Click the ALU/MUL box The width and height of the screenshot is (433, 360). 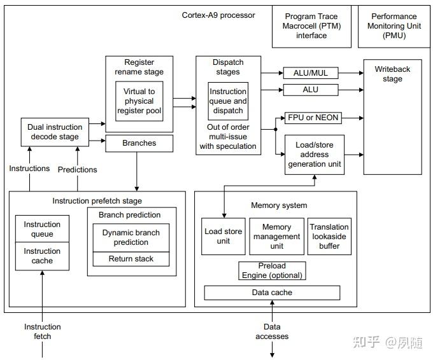311,73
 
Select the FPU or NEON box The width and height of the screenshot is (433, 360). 313,118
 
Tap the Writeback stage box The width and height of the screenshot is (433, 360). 392,116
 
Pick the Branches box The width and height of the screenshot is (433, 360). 139,143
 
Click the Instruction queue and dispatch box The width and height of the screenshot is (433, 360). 228,101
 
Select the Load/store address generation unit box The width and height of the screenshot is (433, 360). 314,155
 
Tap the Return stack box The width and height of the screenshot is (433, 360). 131,259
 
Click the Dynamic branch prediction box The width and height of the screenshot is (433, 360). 131,237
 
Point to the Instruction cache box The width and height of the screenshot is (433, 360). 42,256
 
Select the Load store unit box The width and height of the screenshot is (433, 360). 223,237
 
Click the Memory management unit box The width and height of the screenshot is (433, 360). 276,237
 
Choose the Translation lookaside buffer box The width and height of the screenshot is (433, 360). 329,237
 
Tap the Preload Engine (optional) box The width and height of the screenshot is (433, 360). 272,271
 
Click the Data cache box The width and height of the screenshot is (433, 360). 272,293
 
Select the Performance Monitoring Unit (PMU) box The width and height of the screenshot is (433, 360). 394,27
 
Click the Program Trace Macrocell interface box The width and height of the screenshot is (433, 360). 311,27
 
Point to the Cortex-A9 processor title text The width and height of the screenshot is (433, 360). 218,15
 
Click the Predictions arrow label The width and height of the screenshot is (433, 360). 78,170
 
